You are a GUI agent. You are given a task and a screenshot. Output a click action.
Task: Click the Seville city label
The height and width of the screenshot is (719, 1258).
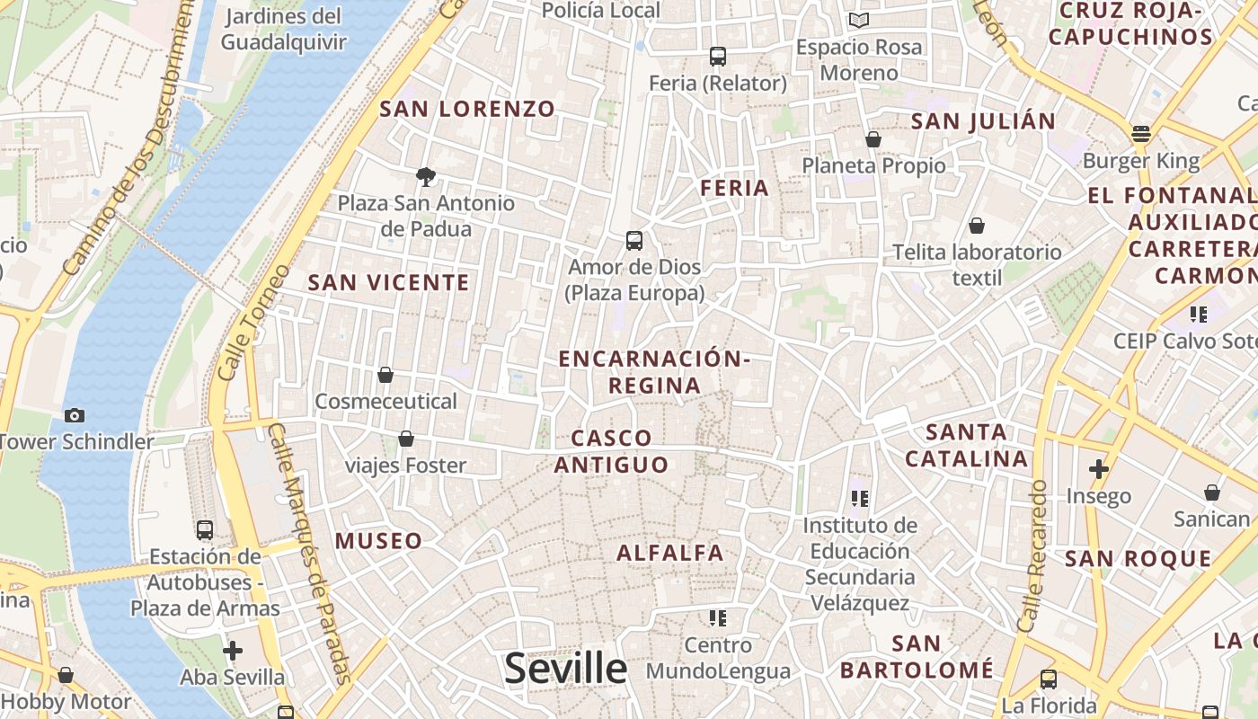(x=565, y=669)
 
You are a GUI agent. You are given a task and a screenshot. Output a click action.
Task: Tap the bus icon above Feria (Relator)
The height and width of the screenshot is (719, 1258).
(x=717, y=57)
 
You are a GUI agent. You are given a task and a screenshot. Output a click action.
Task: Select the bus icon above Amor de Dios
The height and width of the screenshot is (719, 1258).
(x=634, y=240)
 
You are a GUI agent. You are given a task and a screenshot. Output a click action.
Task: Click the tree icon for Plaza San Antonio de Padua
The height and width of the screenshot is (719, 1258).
(x=426, y=176)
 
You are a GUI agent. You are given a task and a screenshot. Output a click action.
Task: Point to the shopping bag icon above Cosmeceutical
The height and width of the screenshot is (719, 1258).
(x=385, y=374)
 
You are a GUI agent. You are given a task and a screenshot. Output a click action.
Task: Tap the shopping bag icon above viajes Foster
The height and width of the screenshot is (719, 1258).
(x=406, y=439)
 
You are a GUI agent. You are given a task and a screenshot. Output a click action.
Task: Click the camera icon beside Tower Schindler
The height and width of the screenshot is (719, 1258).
(x=75, y=415)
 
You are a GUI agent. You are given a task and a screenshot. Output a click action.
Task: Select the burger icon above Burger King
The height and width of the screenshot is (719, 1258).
(x=1141, y=134)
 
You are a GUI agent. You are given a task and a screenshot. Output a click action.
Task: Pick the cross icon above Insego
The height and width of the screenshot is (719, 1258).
(x=1098, y=468)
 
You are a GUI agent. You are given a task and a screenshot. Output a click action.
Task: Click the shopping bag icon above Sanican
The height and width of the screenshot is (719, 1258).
(x=1212, y=493)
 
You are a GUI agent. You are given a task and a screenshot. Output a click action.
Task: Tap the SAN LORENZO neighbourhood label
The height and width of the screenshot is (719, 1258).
(x=467, y=110)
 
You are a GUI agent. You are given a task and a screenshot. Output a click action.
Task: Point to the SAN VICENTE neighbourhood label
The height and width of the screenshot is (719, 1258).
(x=389, y=282)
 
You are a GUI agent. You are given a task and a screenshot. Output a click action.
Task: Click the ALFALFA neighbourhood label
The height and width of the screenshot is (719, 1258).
(x=670, y=553)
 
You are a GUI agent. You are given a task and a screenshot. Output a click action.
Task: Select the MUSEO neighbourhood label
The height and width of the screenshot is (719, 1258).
(x=378, y=541)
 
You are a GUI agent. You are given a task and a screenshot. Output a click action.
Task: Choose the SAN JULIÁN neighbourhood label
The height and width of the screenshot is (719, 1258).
(x=984, y=121)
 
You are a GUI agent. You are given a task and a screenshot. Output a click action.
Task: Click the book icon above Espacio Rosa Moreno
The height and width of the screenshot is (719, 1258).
(x=859, y=20)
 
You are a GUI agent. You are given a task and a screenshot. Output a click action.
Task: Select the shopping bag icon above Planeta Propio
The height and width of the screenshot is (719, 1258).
(x=873, y=139)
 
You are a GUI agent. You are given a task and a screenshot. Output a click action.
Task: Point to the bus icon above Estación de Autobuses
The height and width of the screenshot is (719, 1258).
(x=205, y=530)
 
